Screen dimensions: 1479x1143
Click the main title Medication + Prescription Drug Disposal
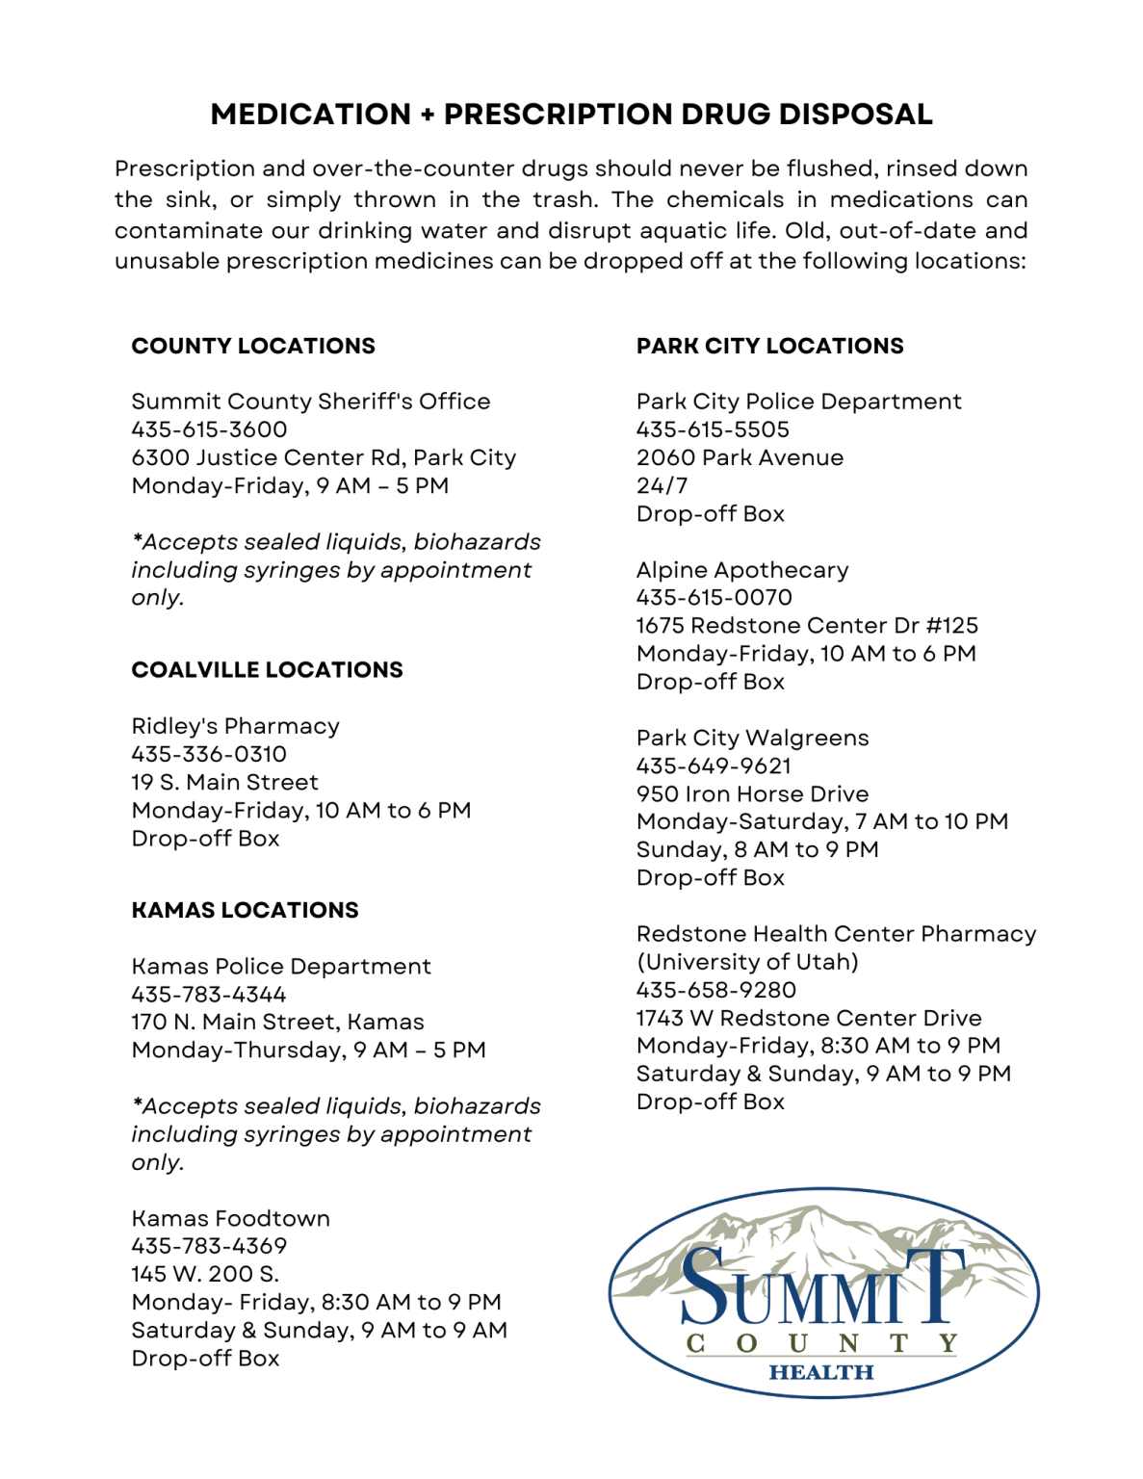[571, 115]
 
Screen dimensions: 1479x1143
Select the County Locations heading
[253, 346]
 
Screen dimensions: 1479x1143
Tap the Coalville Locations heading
[267, 669]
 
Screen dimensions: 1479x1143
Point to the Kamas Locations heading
[245, 910]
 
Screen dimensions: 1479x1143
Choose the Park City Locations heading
[769, 346]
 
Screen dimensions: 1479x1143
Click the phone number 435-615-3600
[209, 429]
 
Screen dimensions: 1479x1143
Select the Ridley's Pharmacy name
[235, 726]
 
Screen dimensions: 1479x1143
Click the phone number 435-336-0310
[209, 754]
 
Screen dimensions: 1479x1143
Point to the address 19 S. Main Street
[224, 782]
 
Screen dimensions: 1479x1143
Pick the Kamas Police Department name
[281, 966]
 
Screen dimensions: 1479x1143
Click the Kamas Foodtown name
[230, 1218]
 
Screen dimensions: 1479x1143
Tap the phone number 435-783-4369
[209, 1246]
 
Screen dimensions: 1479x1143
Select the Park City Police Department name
[798, 402]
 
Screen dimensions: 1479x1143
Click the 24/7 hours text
[662, 485]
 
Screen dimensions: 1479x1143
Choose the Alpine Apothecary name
[742, 570]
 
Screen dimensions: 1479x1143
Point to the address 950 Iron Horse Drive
[752, 794]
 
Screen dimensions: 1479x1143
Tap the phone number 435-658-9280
[715, 990]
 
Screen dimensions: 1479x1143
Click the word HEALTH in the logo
[821, 1372]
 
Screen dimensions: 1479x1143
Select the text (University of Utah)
[747, 962]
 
